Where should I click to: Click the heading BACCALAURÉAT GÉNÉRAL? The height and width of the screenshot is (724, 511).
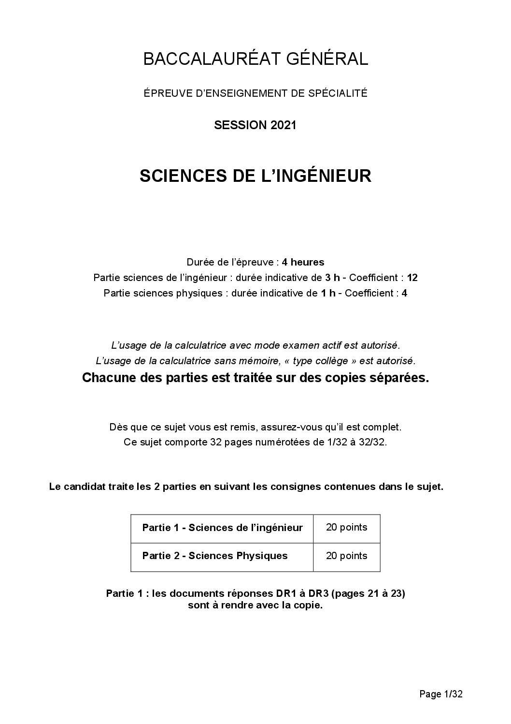click(255, 59)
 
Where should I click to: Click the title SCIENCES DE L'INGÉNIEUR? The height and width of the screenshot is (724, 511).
click(255, 176)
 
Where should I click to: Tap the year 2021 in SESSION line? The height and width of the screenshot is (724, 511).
click(283, 125)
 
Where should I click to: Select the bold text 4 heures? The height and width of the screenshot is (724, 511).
click(303, 262)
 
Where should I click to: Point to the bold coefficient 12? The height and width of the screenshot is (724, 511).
click(412, 278)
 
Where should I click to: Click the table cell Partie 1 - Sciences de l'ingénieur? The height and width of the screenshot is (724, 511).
click(222, 528)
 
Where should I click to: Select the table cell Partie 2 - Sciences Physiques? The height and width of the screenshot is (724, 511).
click(215, 556)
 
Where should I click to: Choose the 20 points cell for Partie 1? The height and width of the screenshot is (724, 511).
click(346, 528)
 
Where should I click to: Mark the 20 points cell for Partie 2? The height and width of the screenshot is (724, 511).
click(346, 556)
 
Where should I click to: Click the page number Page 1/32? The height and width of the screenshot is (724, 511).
click(441, 694)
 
